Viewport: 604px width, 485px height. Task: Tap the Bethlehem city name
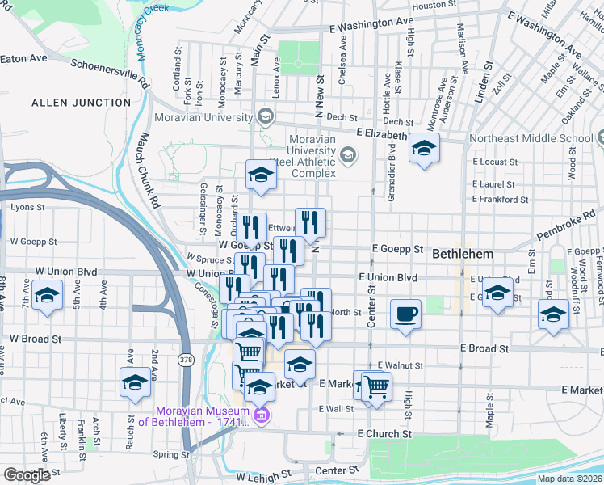(x=463, y=254)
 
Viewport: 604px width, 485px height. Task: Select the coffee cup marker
(x=405, y=314)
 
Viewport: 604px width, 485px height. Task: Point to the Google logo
(x=27, y=475)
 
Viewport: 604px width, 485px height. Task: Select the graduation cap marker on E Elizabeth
(x=423, y=148)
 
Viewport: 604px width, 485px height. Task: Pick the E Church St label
(x=384, y=434)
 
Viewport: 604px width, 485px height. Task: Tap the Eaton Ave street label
(x=23, y=58)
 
